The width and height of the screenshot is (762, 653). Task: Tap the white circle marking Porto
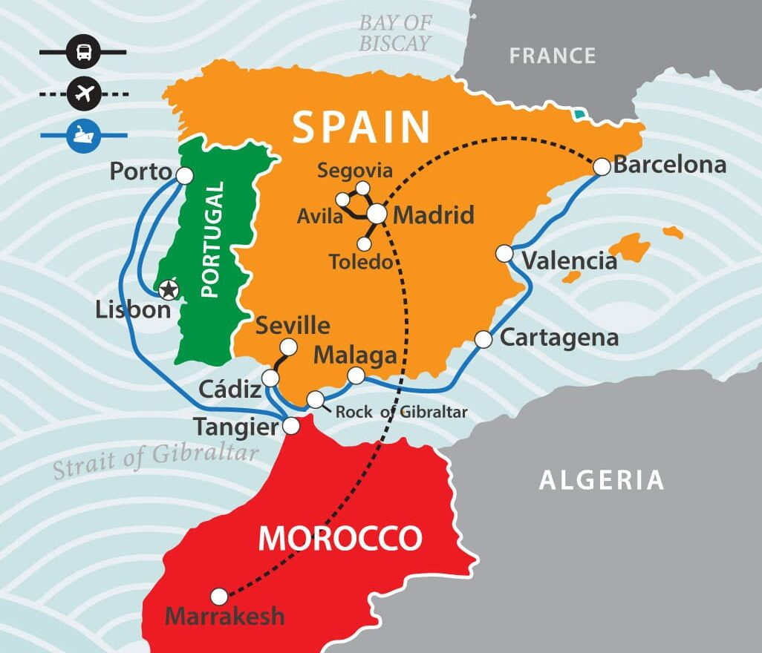183,175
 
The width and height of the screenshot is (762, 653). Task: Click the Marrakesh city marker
218,596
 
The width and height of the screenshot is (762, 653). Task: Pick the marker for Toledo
364,243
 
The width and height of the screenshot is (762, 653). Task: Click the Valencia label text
569,261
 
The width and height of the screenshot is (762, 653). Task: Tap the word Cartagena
559,338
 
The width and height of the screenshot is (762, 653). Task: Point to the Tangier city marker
291,426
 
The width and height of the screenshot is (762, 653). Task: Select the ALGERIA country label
601,479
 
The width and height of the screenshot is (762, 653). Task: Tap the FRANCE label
553,56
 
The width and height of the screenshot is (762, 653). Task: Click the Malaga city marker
356,376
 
